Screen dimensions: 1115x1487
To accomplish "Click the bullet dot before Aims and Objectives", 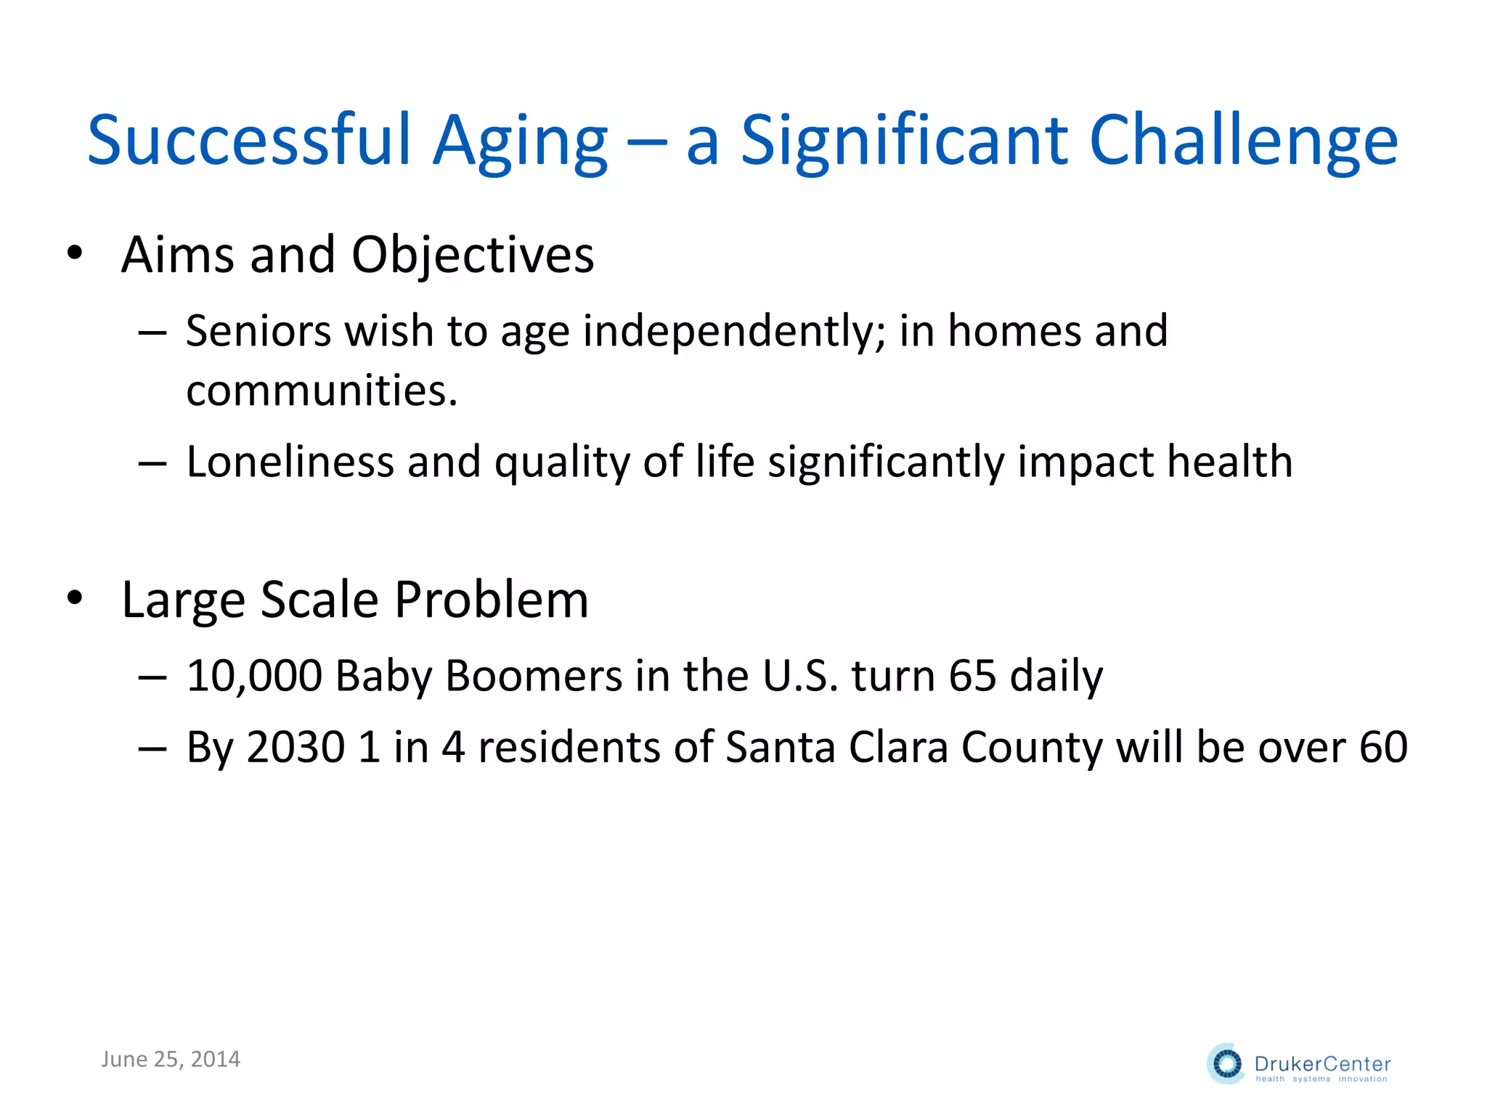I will click(75, 253).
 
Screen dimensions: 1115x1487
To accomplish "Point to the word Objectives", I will click(473, 256).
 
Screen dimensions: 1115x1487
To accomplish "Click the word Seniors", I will click(258, 331).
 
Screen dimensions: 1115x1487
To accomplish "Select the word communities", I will click(321, 391).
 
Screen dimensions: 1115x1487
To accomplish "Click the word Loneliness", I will click(290, 462).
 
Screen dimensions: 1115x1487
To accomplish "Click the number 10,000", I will click(253, 676).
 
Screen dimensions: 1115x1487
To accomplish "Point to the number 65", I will click(972, 676).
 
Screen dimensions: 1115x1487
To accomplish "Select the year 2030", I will click(296, 747).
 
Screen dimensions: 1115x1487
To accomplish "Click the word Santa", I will click(781, 747).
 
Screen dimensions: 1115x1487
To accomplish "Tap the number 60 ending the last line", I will click(1383, 747).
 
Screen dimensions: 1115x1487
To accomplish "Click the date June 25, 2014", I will click(171, 1059).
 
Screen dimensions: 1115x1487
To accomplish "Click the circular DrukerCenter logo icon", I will click(1227, 1064).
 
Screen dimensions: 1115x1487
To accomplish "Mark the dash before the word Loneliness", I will click(152, 463).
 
